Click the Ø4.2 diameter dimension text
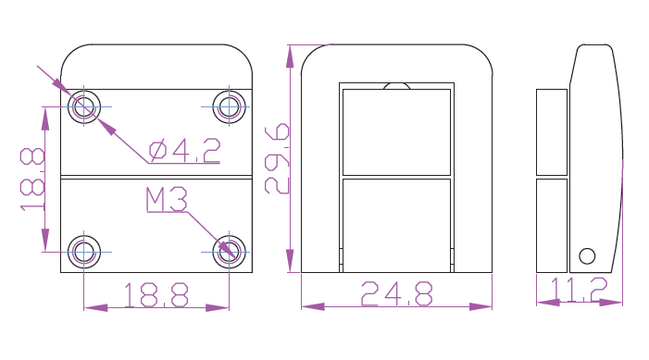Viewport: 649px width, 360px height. click(x=184, y=151)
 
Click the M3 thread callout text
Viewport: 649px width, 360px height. click(x=167, y=200)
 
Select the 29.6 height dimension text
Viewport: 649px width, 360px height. click(x=277, y=158)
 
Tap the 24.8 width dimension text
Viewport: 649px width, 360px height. click(x=397, y=293)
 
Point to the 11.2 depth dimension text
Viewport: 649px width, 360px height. click(x=579, y=290)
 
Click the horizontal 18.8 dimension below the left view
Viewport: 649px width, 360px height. click(x=156, y=294)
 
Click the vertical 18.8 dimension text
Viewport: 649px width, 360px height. click(x=32, y=180)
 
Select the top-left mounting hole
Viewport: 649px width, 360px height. click(x=84, y=107)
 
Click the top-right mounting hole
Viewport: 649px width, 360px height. click(x=229, y=107)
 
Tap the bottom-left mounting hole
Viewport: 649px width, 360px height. click(x=84, y=252)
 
